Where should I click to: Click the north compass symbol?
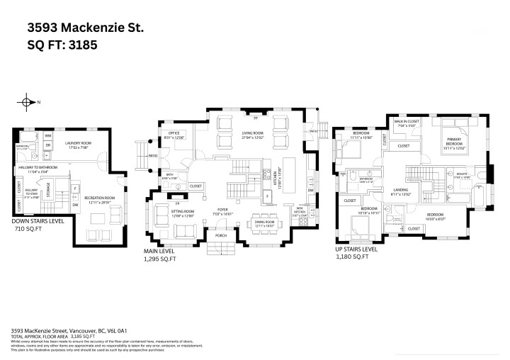point(28,103)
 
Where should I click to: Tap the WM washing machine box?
point(49,135)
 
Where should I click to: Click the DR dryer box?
point(48,146)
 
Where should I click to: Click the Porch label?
point(220,235)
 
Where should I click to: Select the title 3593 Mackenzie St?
point(85,28)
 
